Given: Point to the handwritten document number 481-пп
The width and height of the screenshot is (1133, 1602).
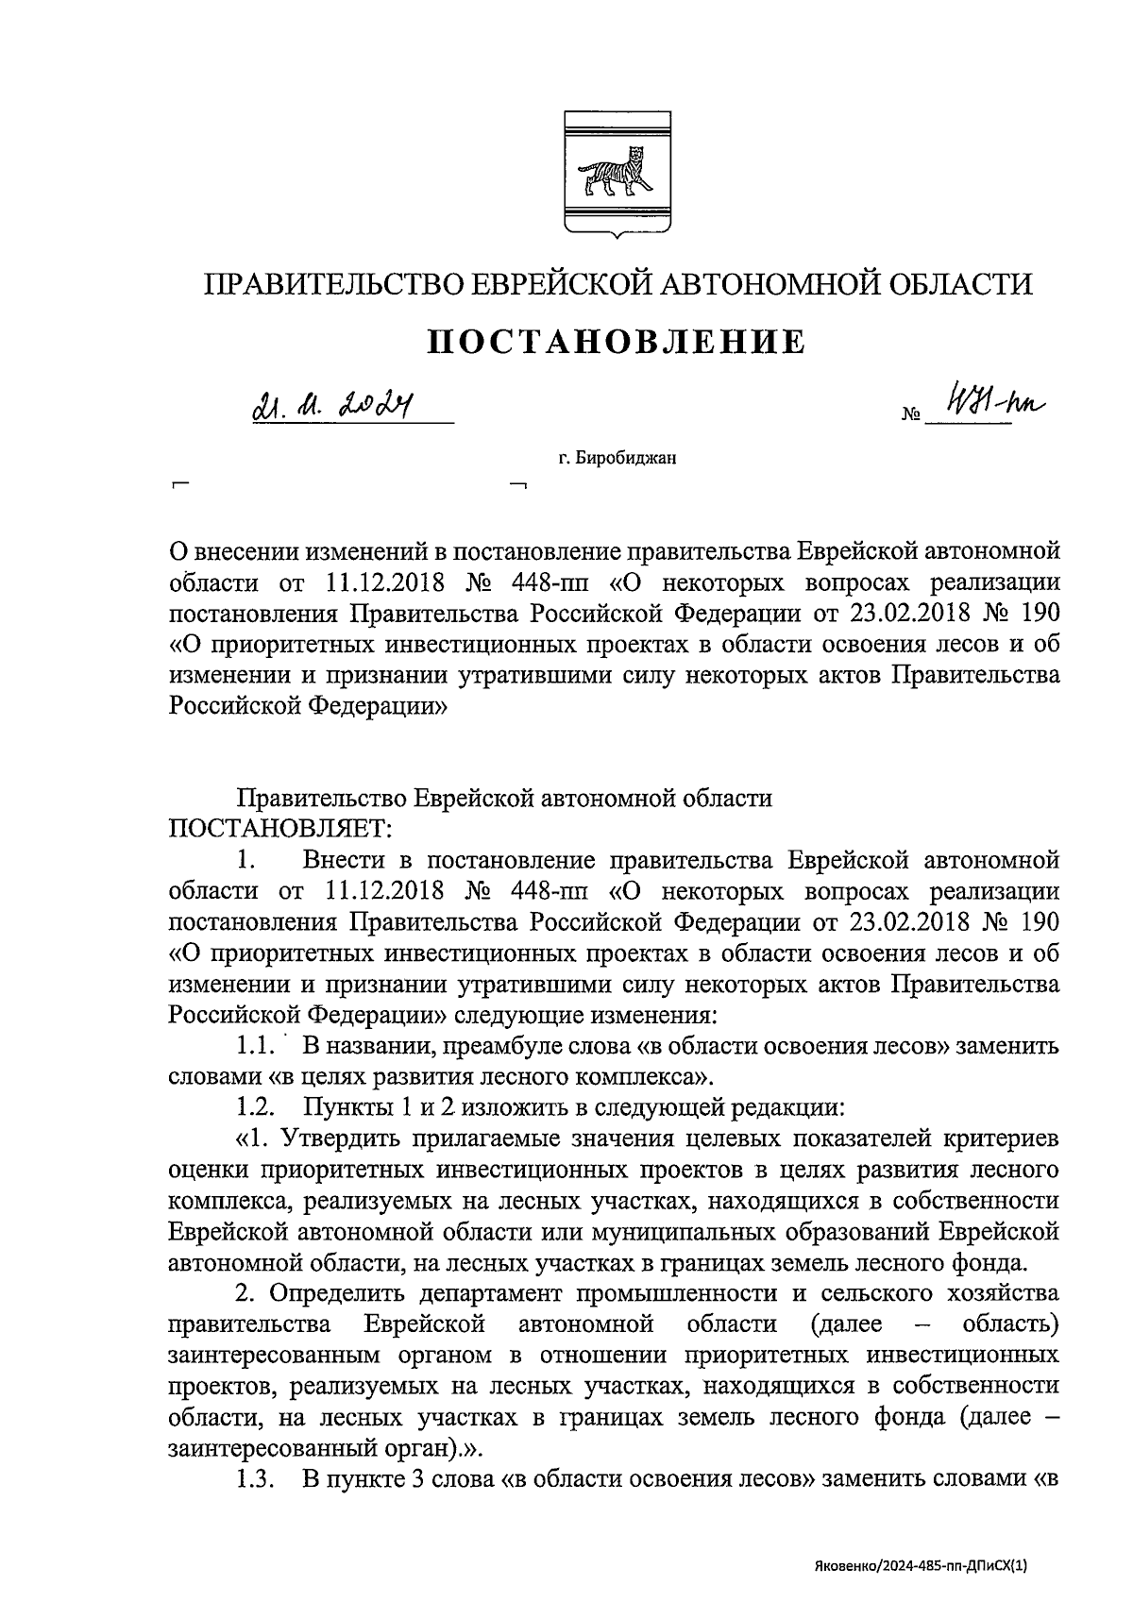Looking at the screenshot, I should point(986,404).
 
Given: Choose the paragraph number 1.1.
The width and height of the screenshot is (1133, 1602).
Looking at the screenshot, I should point(256,1045).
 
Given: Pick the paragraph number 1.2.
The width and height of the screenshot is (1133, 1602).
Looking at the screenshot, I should point(256,1105).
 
